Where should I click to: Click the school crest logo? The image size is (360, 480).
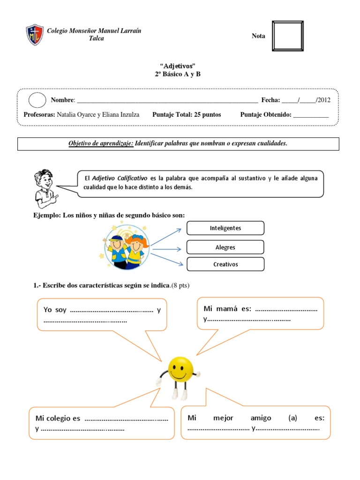(35, 35)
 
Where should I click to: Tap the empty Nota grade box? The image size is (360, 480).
(287, 36)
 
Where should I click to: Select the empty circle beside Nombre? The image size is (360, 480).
(37, 100)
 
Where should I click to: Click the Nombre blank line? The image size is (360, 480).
(166, 100)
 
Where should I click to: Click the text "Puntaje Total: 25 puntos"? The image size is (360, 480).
(187, 114)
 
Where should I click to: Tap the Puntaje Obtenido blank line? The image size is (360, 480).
(310, 115)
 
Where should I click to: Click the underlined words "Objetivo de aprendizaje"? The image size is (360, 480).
(101, 143)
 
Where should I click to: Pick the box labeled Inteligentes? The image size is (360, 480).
(225, 228)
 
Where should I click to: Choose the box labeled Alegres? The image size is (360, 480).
(225, 247)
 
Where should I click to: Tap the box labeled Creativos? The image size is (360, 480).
(225, 264)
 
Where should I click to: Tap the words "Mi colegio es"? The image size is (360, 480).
(58, 418)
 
